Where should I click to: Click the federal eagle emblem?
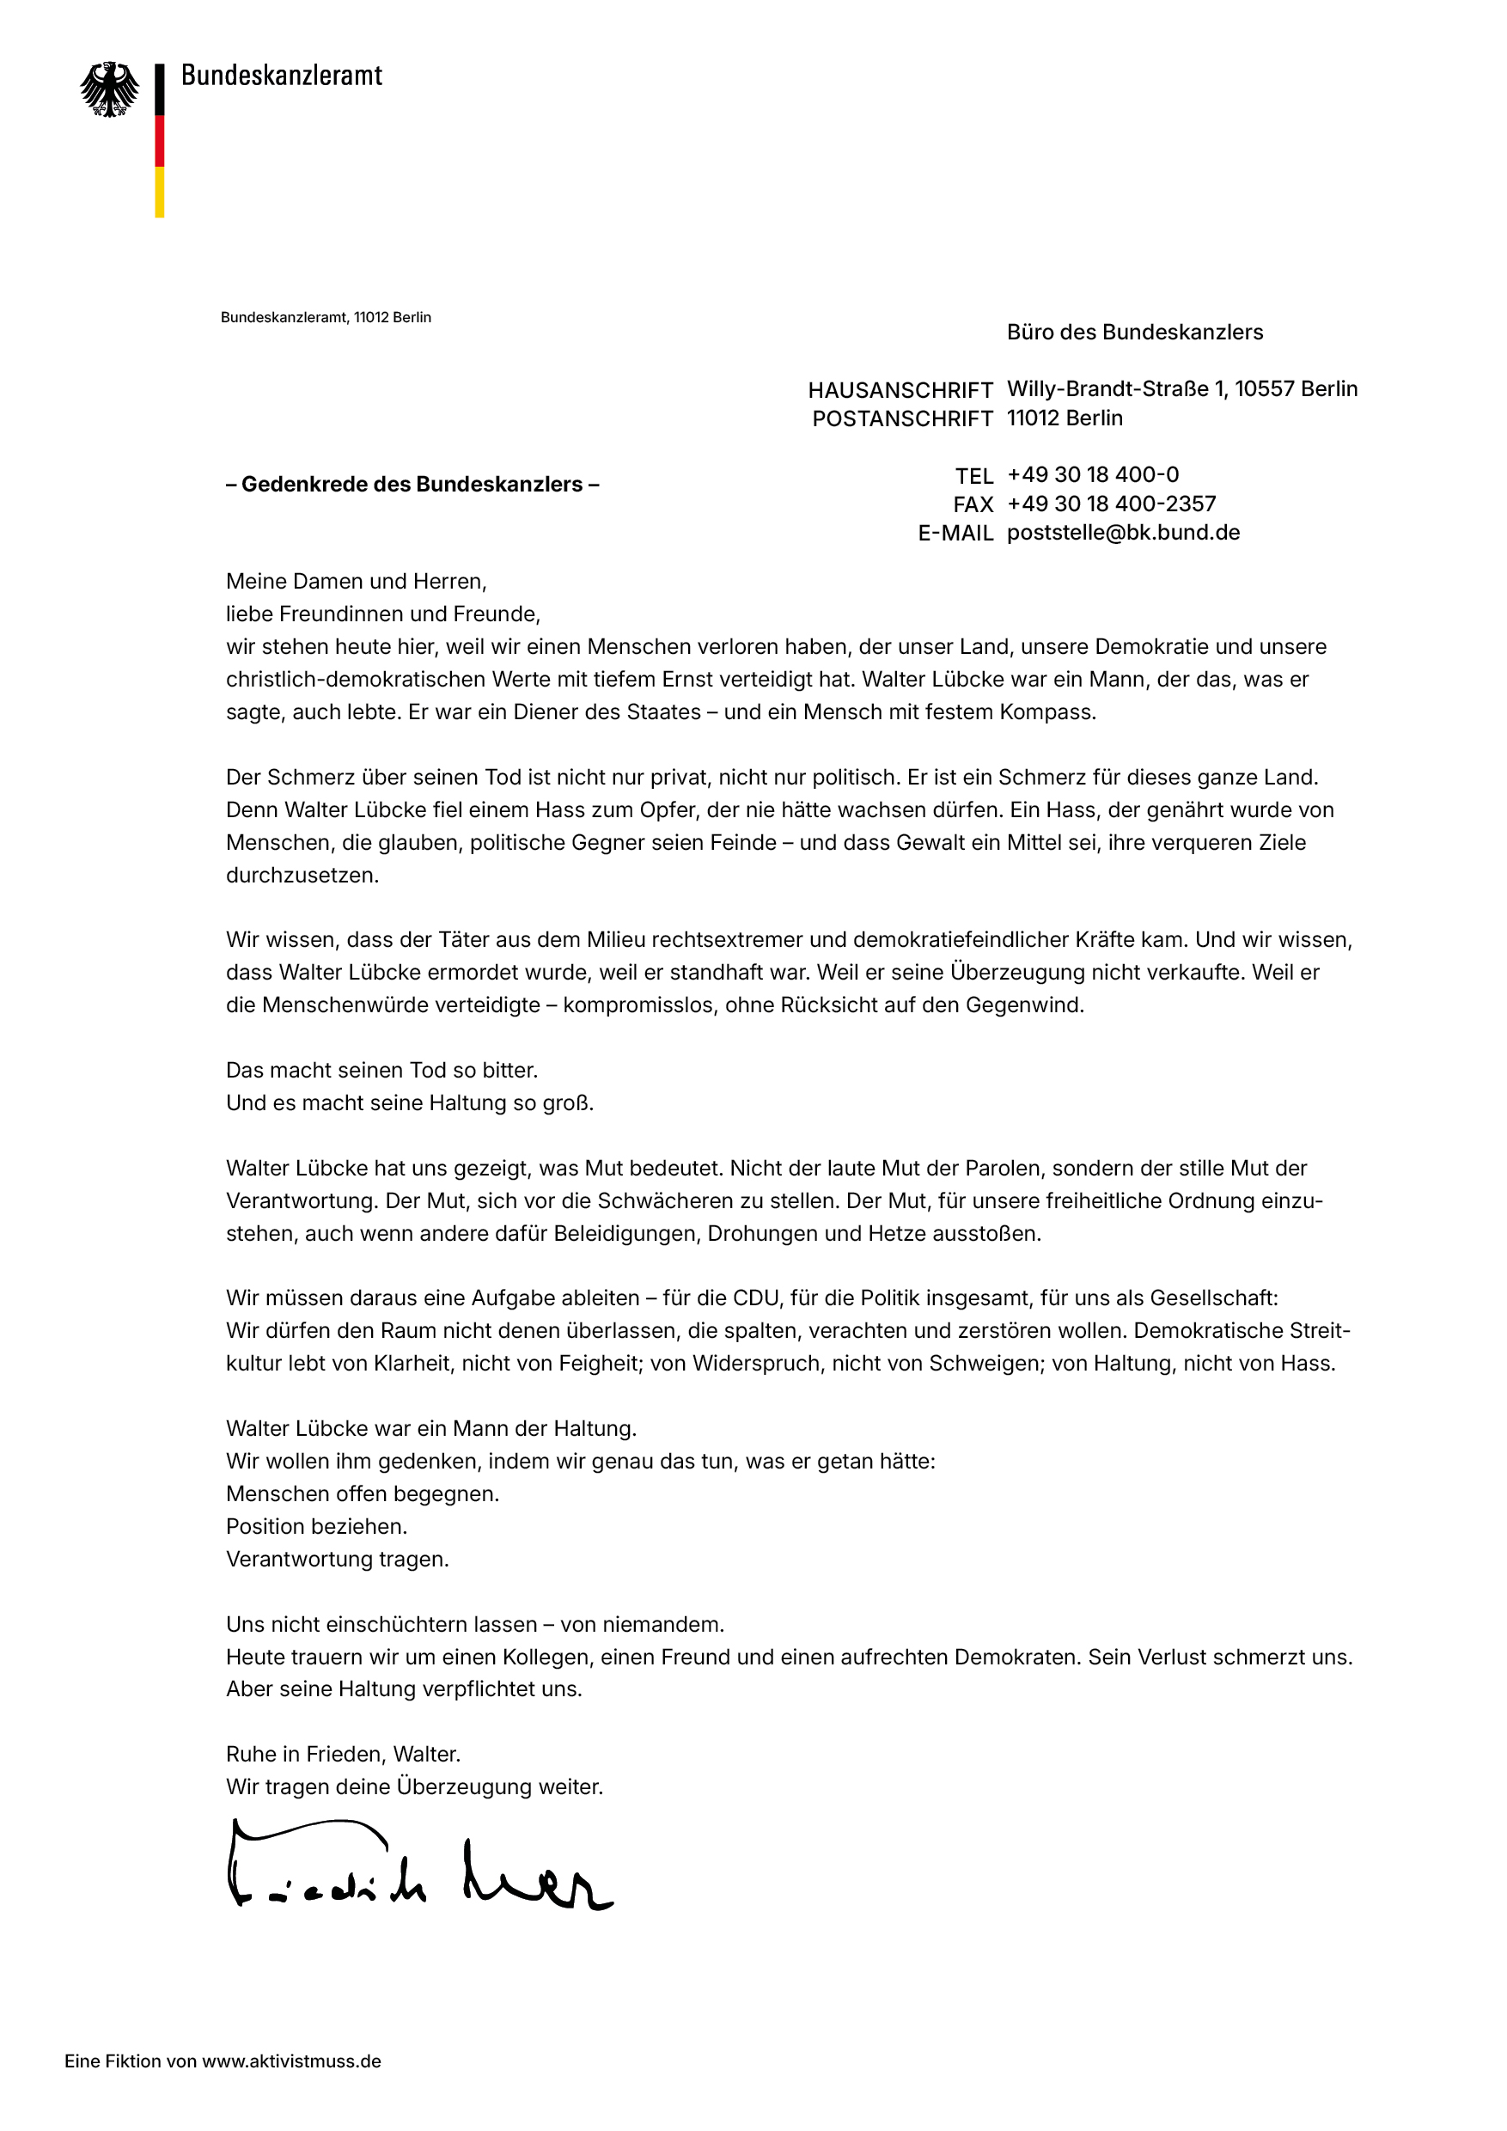[x=109, y=90]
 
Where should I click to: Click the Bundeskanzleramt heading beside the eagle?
[x=281, y=75]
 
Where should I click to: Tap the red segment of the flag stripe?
[x=160, y=141]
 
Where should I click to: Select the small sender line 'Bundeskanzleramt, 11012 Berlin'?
[x=326, y=317]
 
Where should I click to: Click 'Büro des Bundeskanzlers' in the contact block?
[x=1134, y=333]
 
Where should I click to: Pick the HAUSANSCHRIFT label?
[x=900, y=390]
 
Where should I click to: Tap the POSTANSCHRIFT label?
[x=902, y=418]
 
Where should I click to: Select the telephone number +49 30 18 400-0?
[x=1092, y=475]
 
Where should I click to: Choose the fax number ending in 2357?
[x=1111, y=504]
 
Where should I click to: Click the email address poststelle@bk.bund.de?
[x=1123, y=533]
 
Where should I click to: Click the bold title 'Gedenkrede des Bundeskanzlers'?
[x=412, y=485]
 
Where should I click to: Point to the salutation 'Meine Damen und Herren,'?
[x=357, y=582]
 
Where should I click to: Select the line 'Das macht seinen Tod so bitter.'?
[x=381, y=1070]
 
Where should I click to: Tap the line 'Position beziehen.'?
[x=316, y=1526]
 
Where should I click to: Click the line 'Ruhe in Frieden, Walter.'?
[x=344, y=1754]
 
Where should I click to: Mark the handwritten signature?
[x=418, y=1865]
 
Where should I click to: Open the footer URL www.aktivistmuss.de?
[x=291, y=2061]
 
